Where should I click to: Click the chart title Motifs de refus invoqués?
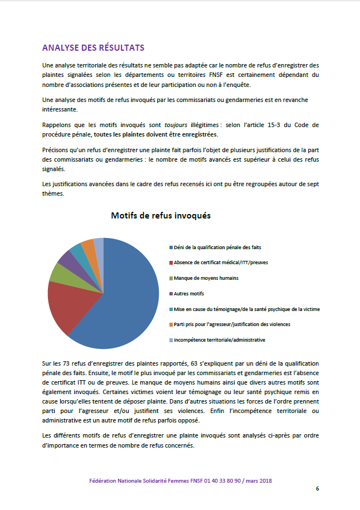[160, 215]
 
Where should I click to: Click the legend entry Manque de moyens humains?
[206, 278]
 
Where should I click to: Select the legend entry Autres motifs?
[189, 293]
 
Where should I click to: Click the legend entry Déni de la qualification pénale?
[218, 247]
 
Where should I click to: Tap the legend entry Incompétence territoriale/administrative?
[219, 339]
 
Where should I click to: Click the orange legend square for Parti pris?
[171, 324]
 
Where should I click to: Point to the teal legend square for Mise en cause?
[171, 309]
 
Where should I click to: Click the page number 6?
[317, 489]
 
